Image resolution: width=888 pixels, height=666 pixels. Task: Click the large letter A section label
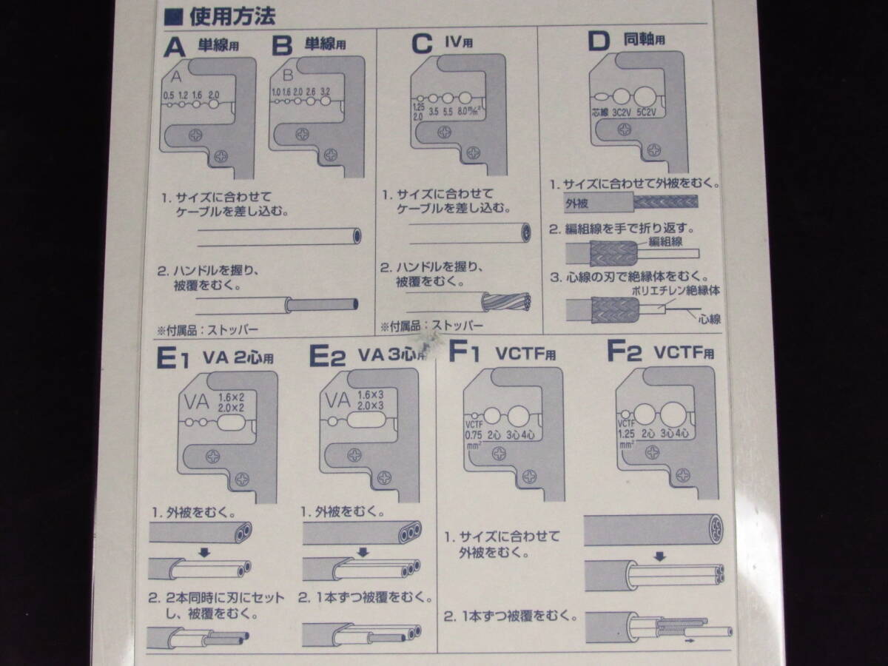[175, 47]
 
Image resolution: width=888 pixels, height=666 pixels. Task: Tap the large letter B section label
[283, 47]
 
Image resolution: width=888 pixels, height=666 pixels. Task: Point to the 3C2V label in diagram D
[623, 115]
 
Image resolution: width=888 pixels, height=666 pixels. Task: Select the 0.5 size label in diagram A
[169, 95]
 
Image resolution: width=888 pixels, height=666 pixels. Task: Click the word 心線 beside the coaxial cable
[709, 319]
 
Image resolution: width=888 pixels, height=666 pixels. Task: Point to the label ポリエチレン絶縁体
[676, 291]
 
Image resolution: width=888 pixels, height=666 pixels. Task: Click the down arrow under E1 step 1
[205, 551]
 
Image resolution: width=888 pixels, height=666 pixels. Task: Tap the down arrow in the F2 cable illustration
[660, 556]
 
